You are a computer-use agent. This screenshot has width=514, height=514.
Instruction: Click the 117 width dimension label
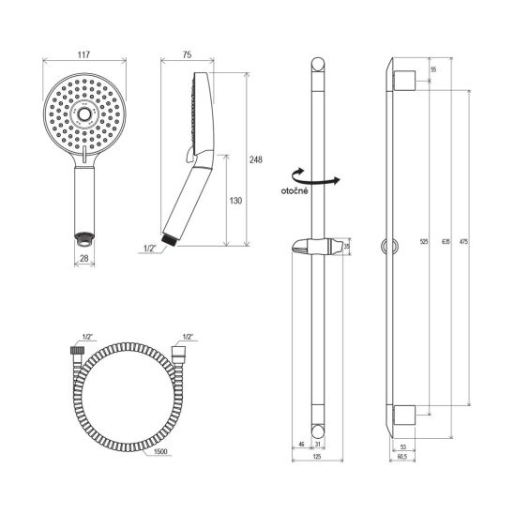click(83, 54)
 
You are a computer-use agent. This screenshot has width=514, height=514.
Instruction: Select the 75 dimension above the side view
click(187, 54)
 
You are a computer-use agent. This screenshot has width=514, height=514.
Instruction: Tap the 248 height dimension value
click(256, 159)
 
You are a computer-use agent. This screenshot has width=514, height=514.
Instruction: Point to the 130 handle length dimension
click(235, 201)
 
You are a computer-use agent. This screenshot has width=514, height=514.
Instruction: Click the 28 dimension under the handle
click(84, 258)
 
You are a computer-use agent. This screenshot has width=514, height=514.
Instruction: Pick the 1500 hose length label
click(160, 451)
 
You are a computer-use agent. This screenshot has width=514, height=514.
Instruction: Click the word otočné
click(295, 190)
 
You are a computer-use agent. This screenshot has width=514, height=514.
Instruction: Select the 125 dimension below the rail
click(317, 456)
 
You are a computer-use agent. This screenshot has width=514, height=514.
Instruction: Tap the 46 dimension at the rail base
click(301, 445)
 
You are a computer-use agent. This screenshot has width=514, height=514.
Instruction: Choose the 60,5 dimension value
click(401, 456)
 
